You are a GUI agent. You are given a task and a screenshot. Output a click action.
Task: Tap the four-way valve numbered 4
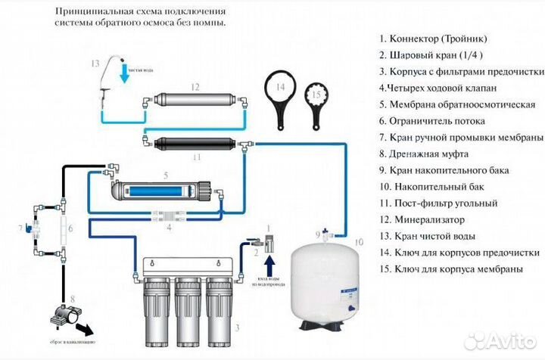(168, 216)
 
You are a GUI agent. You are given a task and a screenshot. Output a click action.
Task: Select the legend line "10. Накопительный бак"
(425, 186)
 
